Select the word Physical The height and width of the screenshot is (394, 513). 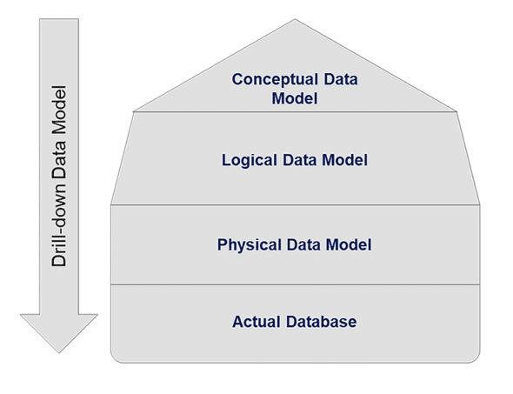246,245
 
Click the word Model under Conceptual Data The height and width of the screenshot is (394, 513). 295,98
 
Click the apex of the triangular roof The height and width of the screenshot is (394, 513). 295,20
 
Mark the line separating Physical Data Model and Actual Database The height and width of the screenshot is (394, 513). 295,284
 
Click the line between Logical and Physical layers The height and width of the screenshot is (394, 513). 295,205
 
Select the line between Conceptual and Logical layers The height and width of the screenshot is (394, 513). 295,111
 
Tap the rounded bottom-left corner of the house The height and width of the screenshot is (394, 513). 115,357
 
